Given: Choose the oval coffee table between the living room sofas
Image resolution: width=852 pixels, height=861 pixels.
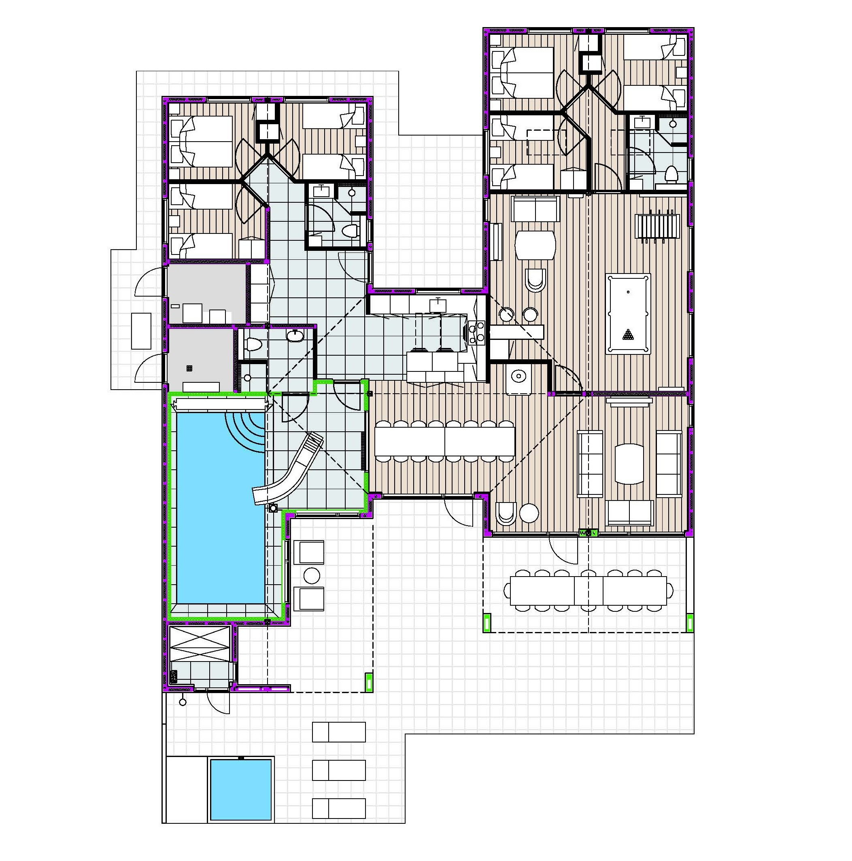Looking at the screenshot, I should tap(629, 464).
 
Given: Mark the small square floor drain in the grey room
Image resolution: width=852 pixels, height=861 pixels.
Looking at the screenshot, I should tap(189, 368).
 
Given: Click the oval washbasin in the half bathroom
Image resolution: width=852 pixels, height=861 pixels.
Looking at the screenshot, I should tap(294, 335).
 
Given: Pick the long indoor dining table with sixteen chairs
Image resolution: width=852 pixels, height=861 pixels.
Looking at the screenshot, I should tap(444, 441).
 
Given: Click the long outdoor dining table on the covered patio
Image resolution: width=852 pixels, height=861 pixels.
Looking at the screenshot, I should tap(588, 590).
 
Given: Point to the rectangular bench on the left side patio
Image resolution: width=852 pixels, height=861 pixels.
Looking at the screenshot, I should tap(141, 331).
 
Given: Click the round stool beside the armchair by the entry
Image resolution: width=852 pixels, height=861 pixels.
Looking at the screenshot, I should tap(529, 513).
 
